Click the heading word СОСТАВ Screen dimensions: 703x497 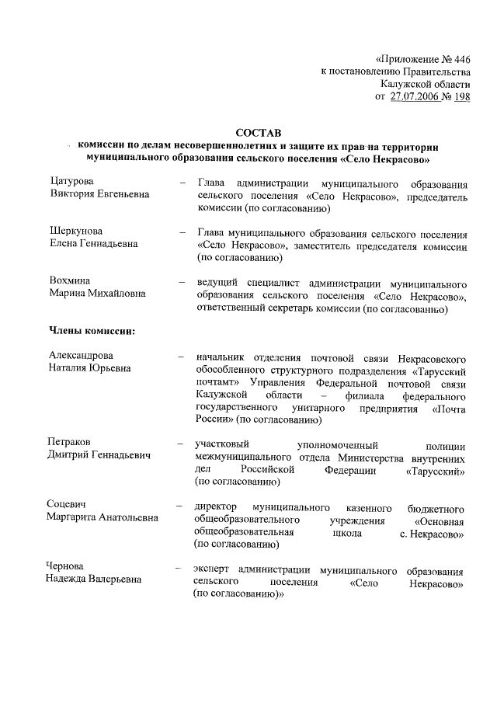point(256,132)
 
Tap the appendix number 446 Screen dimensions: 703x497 point(458,58)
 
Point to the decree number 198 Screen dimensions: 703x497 point(461,96)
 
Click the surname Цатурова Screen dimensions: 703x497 point(71,182)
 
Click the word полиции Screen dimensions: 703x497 point(447,445)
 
